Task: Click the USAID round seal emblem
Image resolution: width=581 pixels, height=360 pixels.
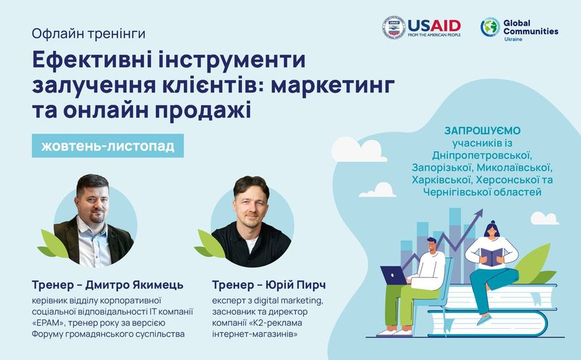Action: [394, 27]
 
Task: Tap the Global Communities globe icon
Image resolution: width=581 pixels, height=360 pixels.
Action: [490, 27]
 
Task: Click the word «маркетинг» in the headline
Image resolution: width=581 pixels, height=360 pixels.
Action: [333, 86]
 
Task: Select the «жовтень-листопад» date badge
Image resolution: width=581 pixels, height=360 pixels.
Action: [108, 146]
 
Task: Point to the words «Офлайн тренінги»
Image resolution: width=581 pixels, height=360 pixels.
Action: [88, 34]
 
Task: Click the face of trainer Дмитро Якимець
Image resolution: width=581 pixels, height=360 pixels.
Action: [92, 203]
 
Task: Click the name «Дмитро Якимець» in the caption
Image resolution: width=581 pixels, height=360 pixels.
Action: [134, 285]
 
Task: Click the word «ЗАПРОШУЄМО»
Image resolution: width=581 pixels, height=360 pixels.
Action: [482, 130]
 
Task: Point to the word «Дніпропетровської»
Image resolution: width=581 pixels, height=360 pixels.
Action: [482, 155]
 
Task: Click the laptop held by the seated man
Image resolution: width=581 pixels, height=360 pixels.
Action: [394, 275]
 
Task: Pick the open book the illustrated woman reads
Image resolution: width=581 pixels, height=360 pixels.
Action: [491, 257]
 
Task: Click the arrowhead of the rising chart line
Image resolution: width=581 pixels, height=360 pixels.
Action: [479, 213]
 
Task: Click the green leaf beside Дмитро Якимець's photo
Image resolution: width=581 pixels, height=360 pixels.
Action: [53, 244]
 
